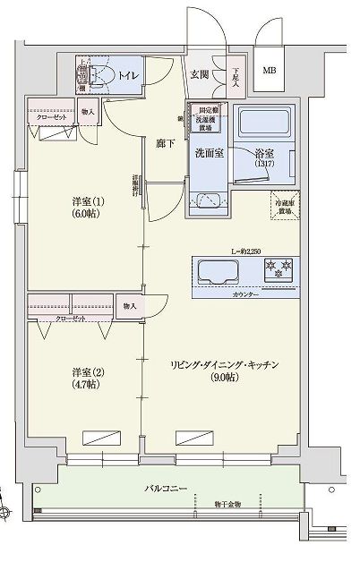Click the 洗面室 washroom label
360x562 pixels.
pos(208,152)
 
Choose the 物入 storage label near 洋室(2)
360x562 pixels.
pos(130,306)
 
